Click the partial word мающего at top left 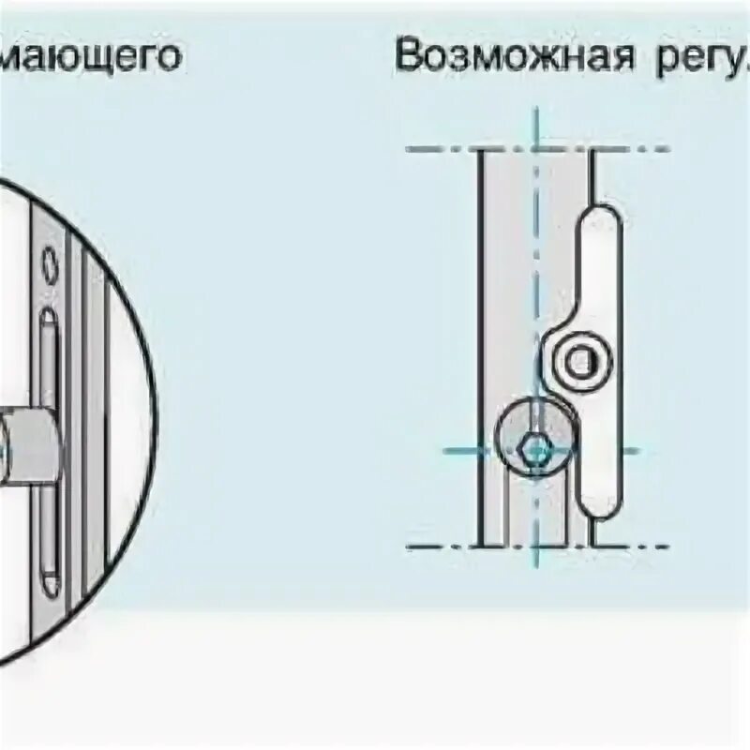(90, 56)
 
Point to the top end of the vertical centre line (536, 111)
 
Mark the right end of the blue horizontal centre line (637, 451)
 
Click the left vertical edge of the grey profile (481, 347)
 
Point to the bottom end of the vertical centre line (536, 564)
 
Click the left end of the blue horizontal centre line (446, 451)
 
